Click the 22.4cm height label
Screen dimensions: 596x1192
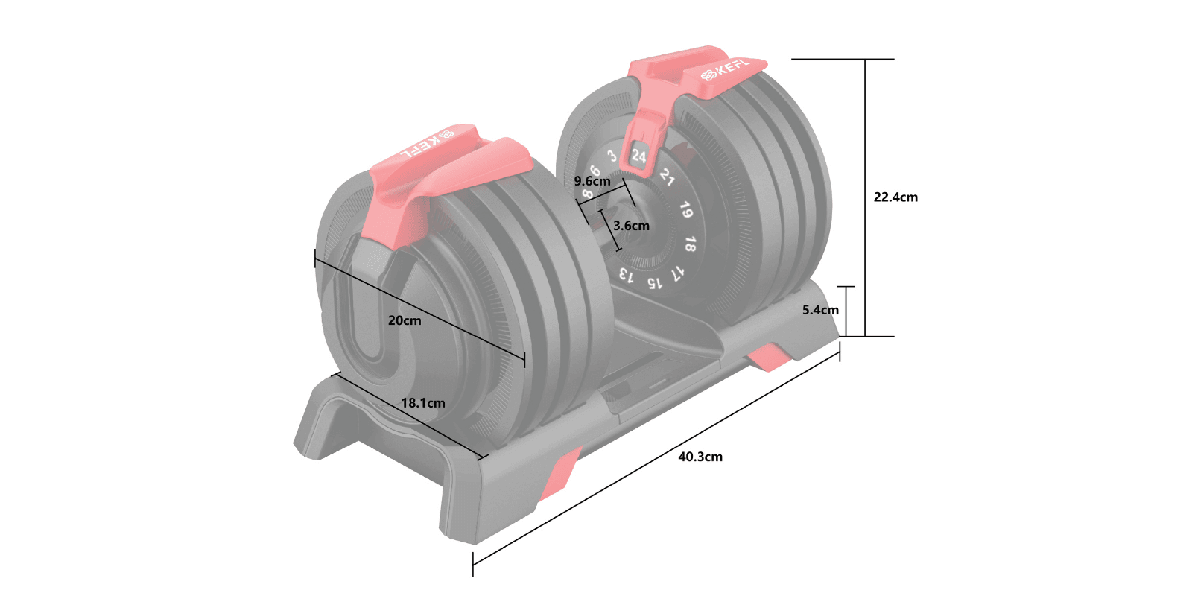click(x=895, y=197)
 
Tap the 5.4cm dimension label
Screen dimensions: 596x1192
click(x=820, y=310)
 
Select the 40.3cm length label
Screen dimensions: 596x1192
click(x=700, y=457)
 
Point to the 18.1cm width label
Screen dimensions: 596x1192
click(x=423, y=403)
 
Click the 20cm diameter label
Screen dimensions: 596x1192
click(x=405, y=320)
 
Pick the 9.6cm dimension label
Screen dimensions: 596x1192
click(x=592, y=181)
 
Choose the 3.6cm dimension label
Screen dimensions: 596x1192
click(x=631, y=226)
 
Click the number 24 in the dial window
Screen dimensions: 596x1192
click(x=638, y=156)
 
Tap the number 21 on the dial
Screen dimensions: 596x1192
click(x=667, y=177)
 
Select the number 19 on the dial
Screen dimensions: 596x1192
click(x=685, y=211)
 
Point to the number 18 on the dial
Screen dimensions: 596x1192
click(x=690, y=244)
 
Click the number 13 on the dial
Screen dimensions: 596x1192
click(x=627, y=276)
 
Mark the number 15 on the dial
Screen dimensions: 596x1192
click(x=653, y=283)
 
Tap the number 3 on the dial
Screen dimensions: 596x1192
click(x=612, y=156)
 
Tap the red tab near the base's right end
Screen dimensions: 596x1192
click(x=770, y=357)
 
